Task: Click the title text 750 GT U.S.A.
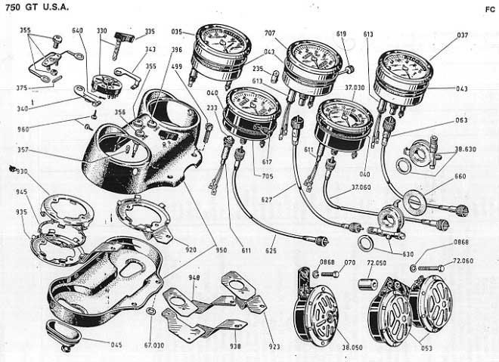click(x=36, y=8)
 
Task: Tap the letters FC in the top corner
click(x=490, y=10)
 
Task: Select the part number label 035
click(x=178, y=33)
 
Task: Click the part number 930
click(x=22, y=171)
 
